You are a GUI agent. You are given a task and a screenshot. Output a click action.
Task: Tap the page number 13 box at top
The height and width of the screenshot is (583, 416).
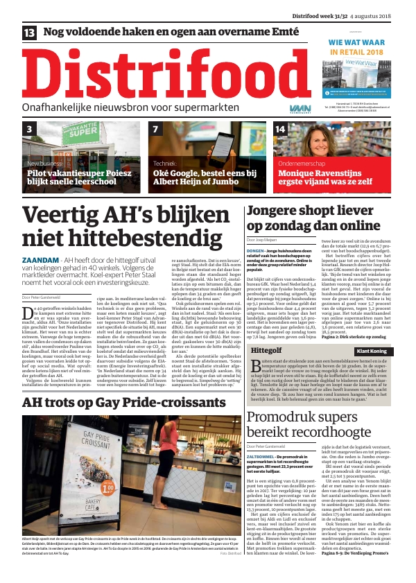click(30, 33)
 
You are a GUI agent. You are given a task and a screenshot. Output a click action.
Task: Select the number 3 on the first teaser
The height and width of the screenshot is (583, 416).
click(29, 129)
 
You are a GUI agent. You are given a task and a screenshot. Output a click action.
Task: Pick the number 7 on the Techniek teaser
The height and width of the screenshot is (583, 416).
click(156, 129)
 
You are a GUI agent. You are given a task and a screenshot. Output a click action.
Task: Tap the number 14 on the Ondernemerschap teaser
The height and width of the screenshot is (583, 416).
click(281, 129)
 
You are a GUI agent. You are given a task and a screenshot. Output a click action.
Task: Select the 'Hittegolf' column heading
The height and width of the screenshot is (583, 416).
click(265, 332)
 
